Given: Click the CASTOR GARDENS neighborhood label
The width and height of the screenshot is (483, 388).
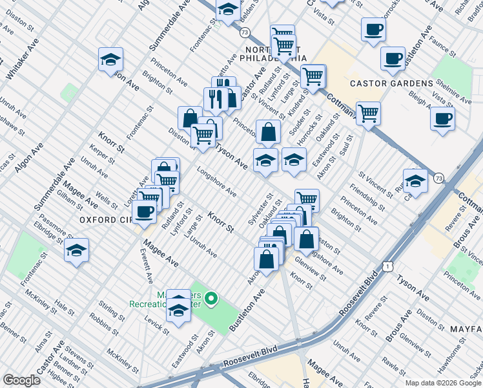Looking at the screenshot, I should (391, 83).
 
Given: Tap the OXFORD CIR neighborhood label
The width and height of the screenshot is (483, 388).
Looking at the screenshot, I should (106, 220).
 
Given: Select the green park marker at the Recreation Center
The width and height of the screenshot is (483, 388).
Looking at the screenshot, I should (211, 299).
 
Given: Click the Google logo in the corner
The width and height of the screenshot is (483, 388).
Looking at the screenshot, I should (21, 380).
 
